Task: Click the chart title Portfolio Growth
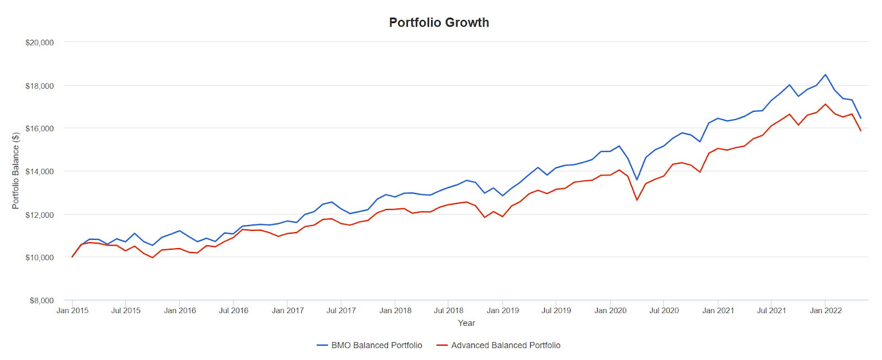click(439, 23)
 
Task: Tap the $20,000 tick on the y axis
click(40, 42)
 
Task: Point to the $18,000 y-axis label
click(40, 86)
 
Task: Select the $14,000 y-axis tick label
click(40, 171)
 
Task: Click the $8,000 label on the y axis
click(42, 300)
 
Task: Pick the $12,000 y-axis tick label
click(40, 215)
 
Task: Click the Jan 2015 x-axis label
click(72, 310)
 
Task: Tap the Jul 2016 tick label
click(234, 310)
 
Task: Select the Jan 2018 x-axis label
click(395, 310)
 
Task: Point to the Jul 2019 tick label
click(556, 310)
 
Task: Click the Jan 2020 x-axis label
click(610, 310)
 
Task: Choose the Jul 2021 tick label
click(771, 310)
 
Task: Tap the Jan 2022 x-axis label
click(825, 310)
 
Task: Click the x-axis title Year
click(466, 323)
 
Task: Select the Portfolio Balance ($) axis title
click(15, 171)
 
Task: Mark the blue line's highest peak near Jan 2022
click(825, 74)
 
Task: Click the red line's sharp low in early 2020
click(637, 200)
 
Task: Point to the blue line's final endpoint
click(861, 118)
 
